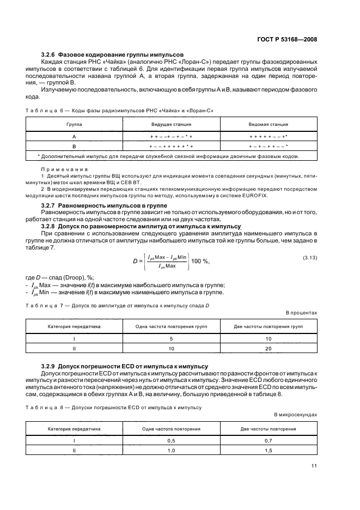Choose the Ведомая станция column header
tap(269, 125)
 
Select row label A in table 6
tap(74, 137)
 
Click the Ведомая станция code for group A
tap(269, 137)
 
